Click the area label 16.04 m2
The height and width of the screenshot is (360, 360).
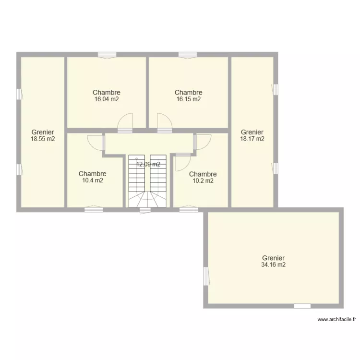(106, 99)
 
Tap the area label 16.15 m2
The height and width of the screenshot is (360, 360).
(188, 99)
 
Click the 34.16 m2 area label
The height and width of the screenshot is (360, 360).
(274, 264)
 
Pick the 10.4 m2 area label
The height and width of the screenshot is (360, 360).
(92, 180)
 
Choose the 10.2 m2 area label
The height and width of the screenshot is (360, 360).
(203, 181)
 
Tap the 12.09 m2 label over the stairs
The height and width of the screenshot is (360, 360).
(148, 164)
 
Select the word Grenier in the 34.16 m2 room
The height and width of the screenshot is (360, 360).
(274, 258)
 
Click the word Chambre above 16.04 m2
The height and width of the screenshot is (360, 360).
(106, 93)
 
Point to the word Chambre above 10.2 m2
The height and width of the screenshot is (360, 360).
(203, 174)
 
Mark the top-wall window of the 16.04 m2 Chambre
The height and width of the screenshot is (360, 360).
(107, 55)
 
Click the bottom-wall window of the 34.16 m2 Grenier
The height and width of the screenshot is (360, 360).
(302, 306)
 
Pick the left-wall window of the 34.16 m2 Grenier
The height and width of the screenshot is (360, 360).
(206, 276)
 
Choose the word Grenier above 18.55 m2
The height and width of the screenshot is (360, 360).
(43, 132)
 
